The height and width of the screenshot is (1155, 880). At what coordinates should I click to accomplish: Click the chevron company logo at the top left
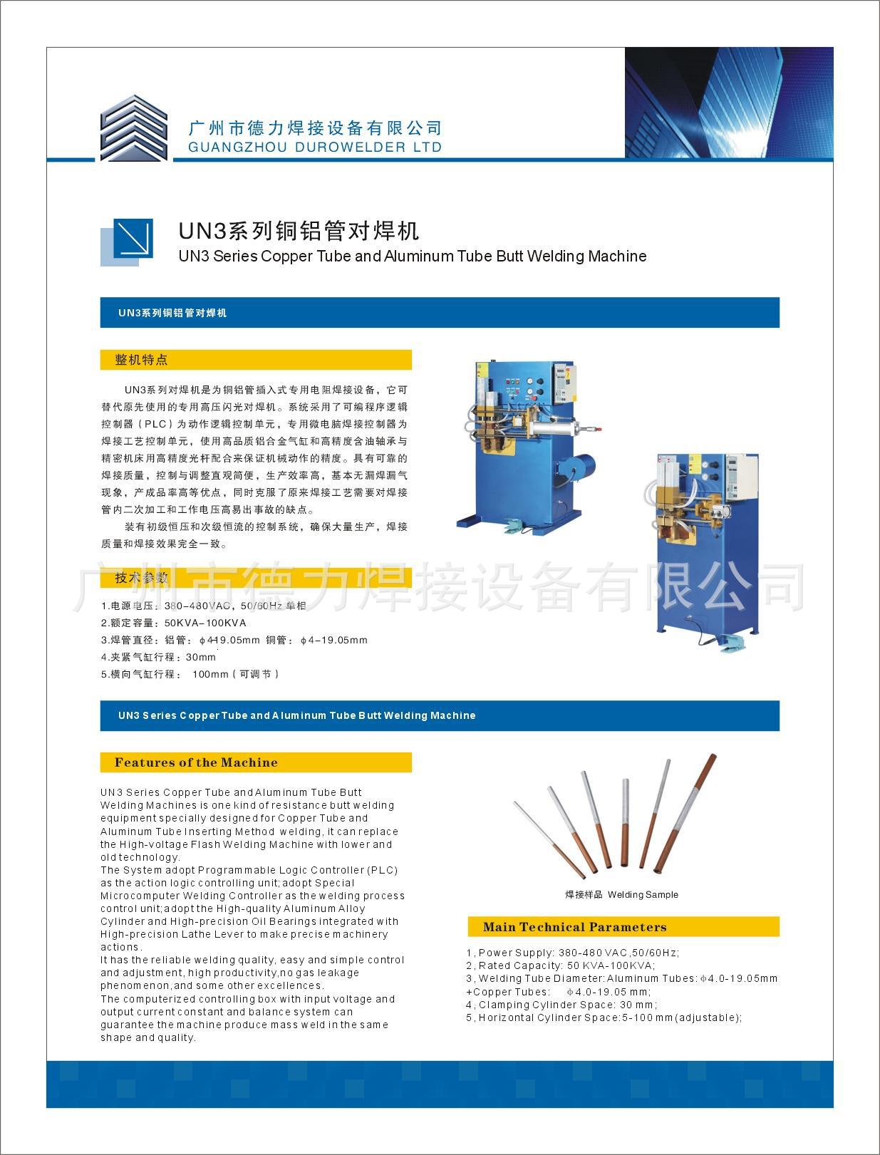tap(133, 128)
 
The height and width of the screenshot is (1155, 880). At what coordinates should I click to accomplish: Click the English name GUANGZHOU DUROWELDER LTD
tap(315, 147)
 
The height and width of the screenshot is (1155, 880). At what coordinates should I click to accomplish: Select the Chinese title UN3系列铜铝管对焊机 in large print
tap(299, 230)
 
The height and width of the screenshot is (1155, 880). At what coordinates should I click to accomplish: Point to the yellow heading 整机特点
tap(142, 360)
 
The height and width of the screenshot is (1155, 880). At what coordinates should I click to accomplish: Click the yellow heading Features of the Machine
tap(196, 762)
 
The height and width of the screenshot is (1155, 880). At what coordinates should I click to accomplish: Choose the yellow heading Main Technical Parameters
tap(574, 927)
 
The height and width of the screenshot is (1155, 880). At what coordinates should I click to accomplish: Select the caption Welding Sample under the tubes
tap(621, 895)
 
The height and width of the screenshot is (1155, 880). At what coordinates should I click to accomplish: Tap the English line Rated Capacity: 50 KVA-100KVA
tap(560, 965)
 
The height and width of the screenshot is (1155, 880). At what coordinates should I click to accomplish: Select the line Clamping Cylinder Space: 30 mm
tap(561, 1005)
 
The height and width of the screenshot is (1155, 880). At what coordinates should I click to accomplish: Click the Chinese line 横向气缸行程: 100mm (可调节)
tap(190, 674)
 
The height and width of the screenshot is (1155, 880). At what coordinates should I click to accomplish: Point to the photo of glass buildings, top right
tap(728, 103)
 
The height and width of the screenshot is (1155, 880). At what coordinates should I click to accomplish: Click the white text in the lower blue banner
tap(296, 715)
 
